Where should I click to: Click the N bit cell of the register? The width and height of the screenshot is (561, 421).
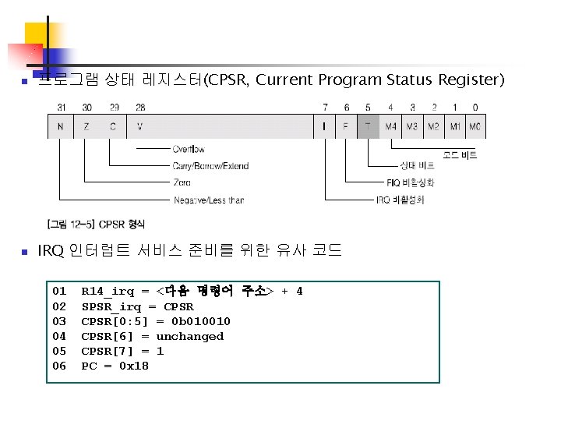coord(60,126)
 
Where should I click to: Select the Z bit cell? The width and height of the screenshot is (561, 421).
coord(87,126)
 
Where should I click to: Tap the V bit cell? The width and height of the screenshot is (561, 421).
coord(139,126)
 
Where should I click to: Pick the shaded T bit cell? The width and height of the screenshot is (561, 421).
coord(367,126)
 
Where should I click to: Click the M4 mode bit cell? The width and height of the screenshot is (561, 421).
coord(390,126)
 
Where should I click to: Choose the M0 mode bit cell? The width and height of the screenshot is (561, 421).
coord(476,126)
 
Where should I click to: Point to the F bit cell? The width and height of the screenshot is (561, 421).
coord(346,126)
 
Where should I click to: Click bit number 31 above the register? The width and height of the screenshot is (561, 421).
coord(60,107)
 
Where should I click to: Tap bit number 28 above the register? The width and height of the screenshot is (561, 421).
coord(139,107)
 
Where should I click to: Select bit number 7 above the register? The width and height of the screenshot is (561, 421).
coord(325,107)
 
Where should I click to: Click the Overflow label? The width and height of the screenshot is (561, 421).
coord(189,149)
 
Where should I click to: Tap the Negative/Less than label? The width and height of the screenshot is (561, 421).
coord(208,200)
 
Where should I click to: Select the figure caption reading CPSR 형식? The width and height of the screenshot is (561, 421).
coord(97,225)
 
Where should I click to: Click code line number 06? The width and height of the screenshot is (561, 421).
coord(59,366)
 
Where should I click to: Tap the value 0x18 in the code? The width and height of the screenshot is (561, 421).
coord(134,366)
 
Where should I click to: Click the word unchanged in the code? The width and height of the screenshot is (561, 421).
coord(190,336)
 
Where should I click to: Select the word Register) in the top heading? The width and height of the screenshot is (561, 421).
coord(471,80)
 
